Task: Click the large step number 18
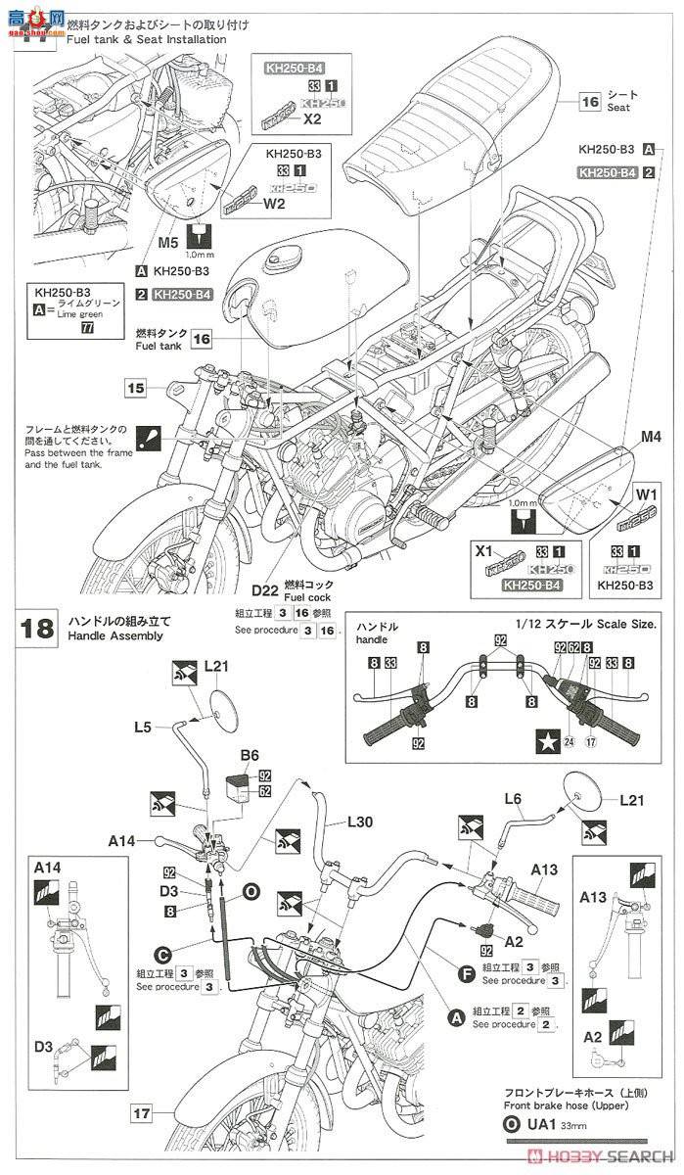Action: pos(38,628)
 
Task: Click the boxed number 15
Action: pos(136,389)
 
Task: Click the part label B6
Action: pos(250,755)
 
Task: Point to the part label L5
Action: pos(143,728)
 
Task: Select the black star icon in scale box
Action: pos(545,740)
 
